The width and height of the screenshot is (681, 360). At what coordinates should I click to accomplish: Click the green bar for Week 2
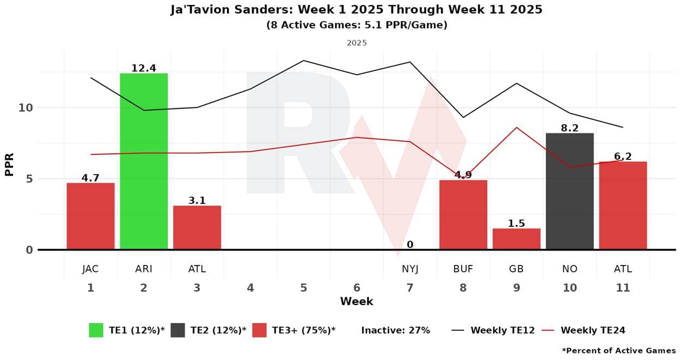(x=144, y=161)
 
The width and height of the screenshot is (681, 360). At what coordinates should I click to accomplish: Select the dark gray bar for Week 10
(x=570, y=191)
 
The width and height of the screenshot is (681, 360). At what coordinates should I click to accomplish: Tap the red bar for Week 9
(x=516, y=239)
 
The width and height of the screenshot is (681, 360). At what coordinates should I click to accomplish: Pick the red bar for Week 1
(x=91, y=216)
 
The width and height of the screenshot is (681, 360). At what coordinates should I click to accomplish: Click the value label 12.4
(x=144, y=68)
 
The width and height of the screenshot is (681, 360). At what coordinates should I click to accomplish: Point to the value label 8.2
(x=570, y=128)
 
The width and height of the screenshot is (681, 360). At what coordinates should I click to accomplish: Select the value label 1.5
(x=516, y=223)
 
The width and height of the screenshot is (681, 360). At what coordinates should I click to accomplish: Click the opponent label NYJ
(x=410, y=269)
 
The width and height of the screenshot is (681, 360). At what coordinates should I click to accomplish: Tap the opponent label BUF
(x=463, y=269)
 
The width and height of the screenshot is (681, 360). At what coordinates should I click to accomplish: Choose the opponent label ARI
(x=144, y=269)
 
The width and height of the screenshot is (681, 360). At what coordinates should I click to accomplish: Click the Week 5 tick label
(x=303, y=287)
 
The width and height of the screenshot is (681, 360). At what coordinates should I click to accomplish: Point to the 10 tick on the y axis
(x=26, y=107)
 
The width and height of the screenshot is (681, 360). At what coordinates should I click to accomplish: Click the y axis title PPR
(x=9, y=164)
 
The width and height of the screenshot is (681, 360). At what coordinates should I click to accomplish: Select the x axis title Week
(x=356, y=301)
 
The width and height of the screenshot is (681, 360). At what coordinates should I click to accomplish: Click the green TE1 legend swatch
(x=96, y=330)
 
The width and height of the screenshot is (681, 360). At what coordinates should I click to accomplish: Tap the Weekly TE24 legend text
(x=593, y=330)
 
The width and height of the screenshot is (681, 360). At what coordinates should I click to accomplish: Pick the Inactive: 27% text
(x=396, y=330)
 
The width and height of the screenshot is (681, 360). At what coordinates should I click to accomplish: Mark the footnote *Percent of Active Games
(x=619, y=351)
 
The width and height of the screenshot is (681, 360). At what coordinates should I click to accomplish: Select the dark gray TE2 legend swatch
(x=177, y=330)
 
